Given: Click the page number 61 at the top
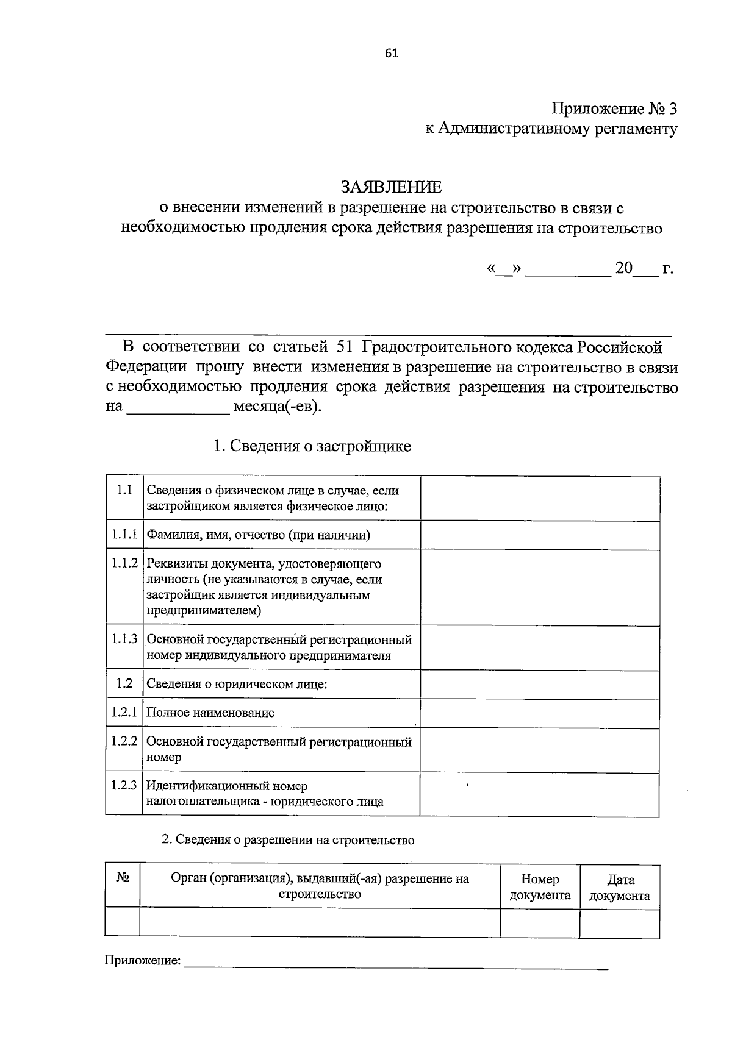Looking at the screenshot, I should [392, 53].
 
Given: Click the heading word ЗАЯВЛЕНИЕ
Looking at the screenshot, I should [390, 186].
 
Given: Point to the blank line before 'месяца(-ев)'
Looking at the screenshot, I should [177, 407].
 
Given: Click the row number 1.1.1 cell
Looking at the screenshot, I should [124, 535].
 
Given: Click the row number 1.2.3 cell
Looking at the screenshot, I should [124, 785].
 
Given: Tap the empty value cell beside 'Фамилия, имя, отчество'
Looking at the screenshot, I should [539, 535].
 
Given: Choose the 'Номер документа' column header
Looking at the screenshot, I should [540, 887].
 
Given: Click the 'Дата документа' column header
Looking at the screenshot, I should [620, 887].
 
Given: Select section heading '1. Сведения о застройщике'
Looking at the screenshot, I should [311, 446].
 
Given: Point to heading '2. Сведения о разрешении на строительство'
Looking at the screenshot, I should [288, 840].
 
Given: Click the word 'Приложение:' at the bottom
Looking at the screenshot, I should [143, 961].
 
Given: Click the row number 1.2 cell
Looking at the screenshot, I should [124, 683].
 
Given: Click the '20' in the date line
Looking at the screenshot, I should [624, 268].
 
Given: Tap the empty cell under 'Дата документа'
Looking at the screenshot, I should [619, 923].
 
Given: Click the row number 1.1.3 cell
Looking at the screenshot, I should [124, 639].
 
